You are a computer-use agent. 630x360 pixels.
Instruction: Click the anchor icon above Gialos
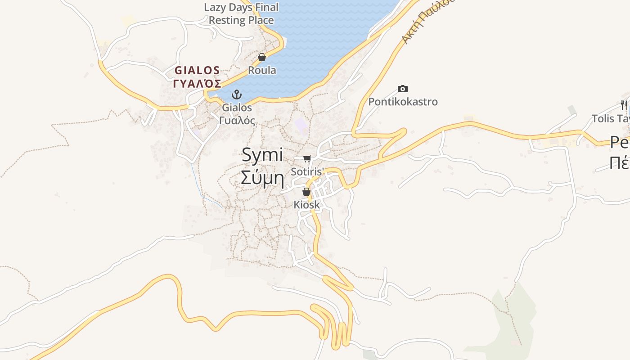[x=237, y=94]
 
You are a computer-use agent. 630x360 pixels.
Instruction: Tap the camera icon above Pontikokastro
[x=403, y=89]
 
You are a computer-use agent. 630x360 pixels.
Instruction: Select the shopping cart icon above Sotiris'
[x=307, y=158]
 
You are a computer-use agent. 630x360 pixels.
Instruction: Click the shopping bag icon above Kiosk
[x=306, y=192]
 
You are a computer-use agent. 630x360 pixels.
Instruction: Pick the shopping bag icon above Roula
[x=262, y=57]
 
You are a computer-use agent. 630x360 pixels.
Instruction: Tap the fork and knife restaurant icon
[x=624, y=105]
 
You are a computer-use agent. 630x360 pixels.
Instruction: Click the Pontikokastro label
[x=403, y=102]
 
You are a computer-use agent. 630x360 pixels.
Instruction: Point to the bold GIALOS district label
[x=197, y=71]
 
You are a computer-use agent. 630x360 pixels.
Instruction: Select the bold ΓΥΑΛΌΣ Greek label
[x=197, y=84]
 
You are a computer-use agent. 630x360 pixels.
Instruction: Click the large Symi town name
[x=262, y=155]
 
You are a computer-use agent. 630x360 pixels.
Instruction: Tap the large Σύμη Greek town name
[x=262, y=178]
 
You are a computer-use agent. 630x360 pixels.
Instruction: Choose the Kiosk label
[x=306, y=205]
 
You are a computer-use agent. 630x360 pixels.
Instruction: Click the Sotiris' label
[x=307, y=171]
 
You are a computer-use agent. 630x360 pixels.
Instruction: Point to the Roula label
[x=262, y=70]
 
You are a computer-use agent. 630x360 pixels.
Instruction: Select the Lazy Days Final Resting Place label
[x=241, y=13]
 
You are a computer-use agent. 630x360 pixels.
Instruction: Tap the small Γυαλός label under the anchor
[x=237, y=121]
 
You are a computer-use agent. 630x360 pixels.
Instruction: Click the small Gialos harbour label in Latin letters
[x=237, y=108]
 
